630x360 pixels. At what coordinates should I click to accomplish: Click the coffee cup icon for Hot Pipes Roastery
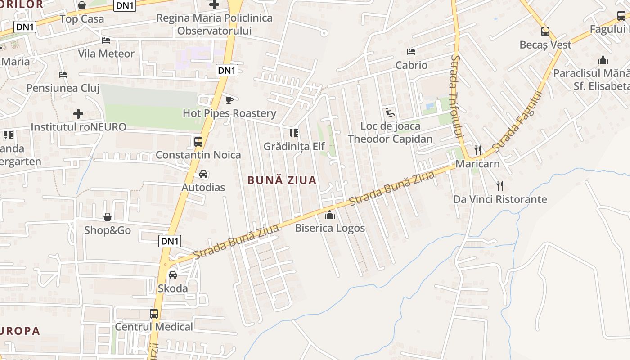[229, 99]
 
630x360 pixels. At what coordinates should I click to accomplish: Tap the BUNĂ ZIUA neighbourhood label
[282, 180]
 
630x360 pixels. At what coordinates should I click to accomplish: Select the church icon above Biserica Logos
[330, 215]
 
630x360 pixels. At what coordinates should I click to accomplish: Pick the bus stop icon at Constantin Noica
[198, 142]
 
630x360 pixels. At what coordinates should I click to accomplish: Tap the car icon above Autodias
[203, 174]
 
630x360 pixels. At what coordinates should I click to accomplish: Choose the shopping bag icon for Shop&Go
[108, 217]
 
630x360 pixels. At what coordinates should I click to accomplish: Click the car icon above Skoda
[172, 274]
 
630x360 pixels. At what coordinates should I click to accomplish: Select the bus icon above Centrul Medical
[154, 314]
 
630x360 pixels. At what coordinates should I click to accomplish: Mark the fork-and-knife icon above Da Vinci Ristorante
[499, 185]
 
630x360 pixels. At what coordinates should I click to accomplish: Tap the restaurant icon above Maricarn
[478, 150]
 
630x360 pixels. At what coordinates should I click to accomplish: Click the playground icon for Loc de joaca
[390, 112]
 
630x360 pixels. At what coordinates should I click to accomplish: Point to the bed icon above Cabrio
[411, 52]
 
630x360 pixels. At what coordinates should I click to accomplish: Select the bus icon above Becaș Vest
[545, 31]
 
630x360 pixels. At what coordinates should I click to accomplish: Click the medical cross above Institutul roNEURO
[78, 113]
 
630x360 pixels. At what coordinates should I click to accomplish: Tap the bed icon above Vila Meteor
[106, 40]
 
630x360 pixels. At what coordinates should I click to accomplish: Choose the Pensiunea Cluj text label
[63, 88]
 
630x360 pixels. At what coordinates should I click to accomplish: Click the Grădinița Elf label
[294, 146]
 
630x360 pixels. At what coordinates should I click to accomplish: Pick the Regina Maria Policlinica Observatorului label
[214, 24]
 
